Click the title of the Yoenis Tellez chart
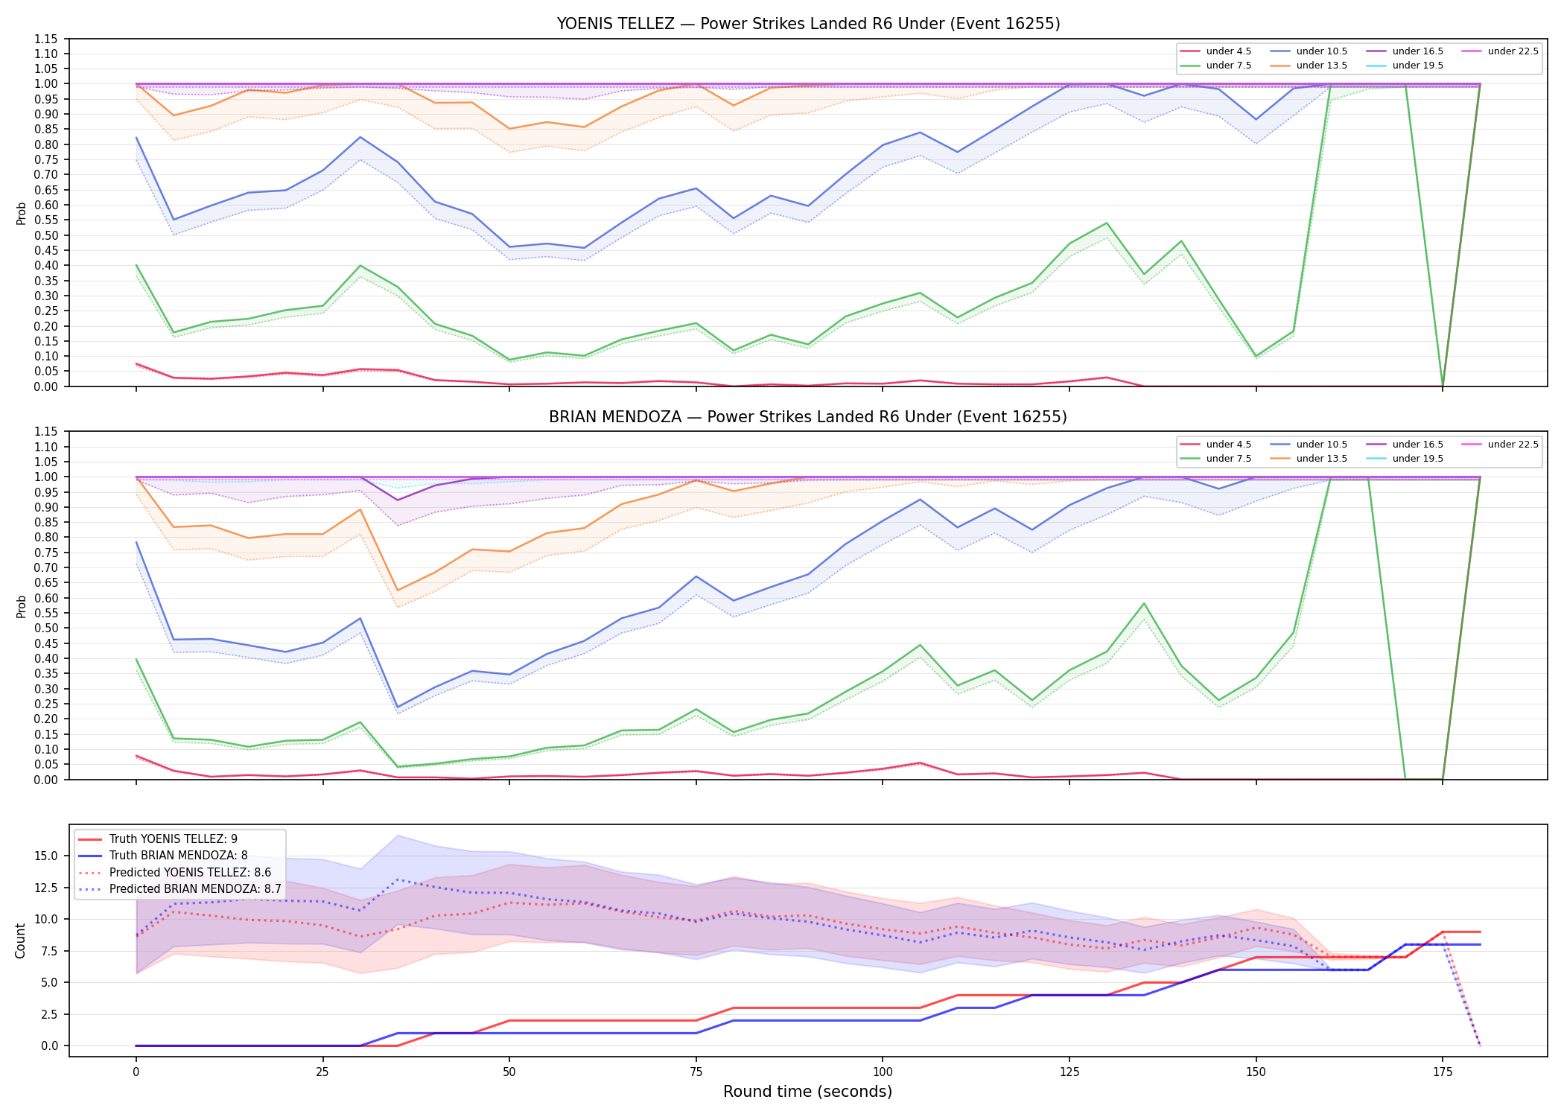pos(808,24)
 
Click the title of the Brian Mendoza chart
pos(808,417)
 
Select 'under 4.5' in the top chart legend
pos(1228,51)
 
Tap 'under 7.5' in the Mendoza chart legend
pos(1228,459)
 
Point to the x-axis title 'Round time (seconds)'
pos(807,1092)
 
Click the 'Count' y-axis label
pos(20,941)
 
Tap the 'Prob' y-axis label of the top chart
pos(21,213)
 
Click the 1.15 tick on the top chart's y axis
pos(46,39)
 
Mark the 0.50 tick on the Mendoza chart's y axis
pos(46,613)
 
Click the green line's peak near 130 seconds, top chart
pos(1107,223)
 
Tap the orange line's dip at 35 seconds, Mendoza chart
pos(398,591)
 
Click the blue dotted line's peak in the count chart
pos(398,879)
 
